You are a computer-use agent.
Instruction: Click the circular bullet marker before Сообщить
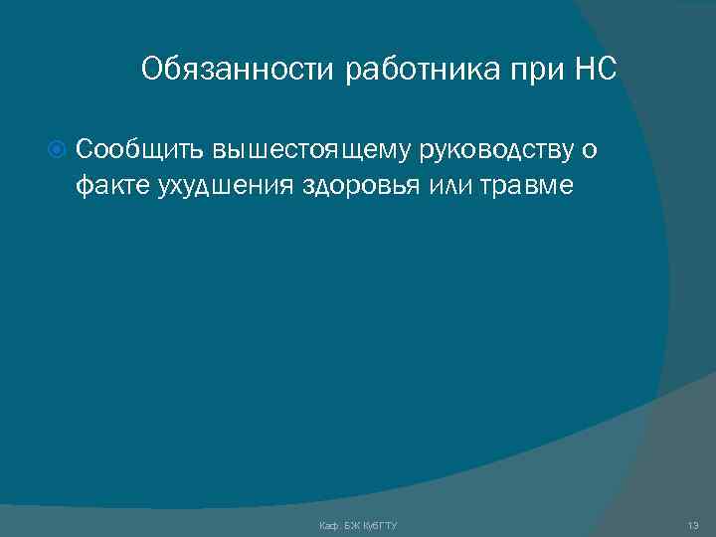[57, 150]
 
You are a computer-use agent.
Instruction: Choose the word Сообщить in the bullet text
[139, 150]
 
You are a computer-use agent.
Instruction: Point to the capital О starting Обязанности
[151, 70]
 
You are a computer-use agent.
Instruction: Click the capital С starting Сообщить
[84, 150]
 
